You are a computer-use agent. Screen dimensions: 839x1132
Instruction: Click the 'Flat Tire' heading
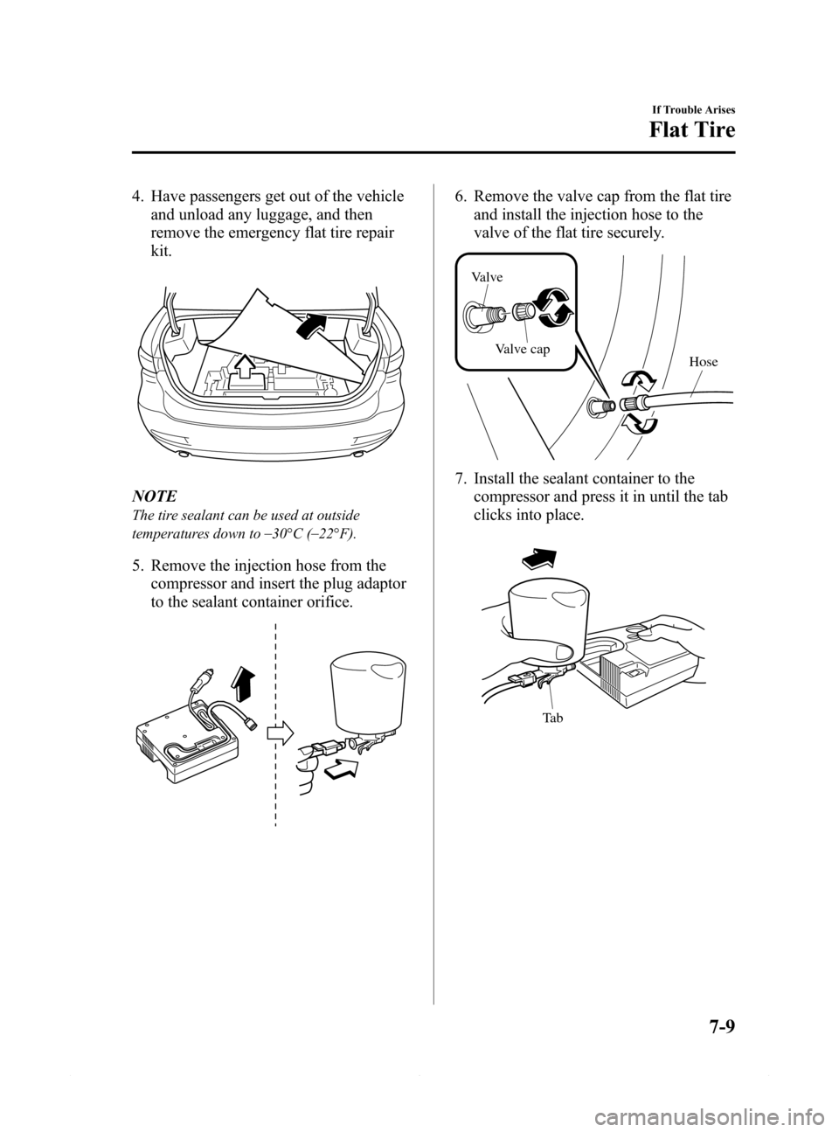click(x=691, y=129)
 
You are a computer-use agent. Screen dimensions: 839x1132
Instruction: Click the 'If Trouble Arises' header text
click(x=695, y=110)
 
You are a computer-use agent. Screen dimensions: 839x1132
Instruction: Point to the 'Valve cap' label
click(x=522, y=350)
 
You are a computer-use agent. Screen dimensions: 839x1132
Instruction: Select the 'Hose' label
click(x=704, y=362)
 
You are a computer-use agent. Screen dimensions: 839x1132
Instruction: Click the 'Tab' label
click(x=552, y=718)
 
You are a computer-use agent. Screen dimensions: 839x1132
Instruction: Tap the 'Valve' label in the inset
click(x=488, y=277)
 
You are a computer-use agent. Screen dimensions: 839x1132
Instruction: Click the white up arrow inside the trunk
click(x=246, y=365)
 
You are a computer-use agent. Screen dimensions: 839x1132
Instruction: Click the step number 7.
click(x=460, y=479)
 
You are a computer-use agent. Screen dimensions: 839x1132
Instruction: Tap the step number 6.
click(x=460, y=196)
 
